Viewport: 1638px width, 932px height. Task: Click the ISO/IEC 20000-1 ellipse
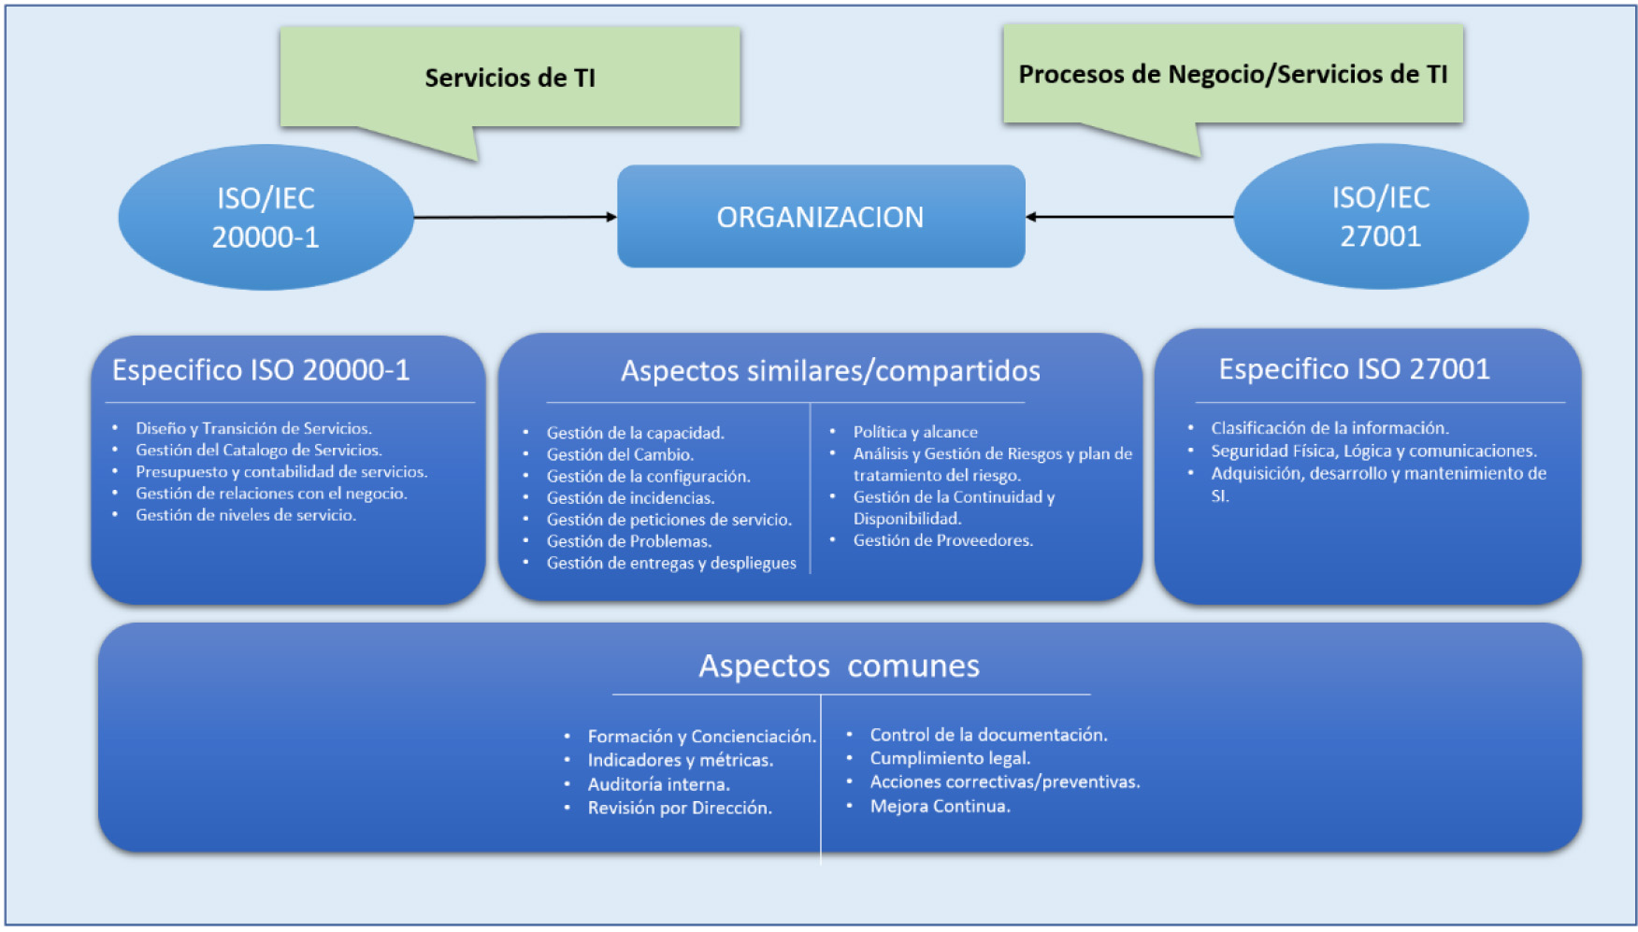(266, 217)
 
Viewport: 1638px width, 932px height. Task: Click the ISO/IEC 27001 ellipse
(1380, 216)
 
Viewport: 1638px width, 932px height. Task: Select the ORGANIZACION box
(820, 217)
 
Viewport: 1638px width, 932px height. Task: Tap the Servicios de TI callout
(510, 78)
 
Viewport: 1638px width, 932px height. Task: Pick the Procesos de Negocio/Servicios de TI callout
(1232, 74)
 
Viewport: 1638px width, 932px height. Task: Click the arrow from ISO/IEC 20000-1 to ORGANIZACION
(514, 217)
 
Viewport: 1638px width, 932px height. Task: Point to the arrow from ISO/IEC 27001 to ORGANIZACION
(1129, 217)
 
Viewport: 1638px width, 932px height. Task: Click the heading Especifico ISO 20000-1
(261, 370)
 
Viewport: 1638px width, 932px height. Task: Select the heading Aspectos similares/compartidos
(830, 371)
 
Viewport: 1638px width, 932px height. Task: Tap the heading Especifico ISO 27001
(1354, 369)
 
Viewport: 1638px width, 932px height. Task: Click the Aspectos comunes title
(839, 666)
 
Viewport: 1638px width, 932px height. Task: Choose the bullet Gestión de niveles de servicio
(245, 515)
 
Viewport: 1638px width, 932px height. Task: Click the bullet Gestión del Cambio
(620, 454)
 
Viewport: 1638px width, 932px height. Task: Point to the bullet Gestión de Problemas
(629, 541)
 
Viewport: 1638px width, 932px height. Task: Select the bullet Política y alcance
(915, 432)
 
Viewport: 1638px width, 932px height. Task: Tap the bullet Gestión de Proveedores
(942, 540)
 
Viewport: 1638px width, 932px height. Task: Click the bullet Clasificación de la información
(1329, 428)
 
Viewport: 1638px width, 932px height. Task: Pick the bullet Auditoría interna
(658, 784)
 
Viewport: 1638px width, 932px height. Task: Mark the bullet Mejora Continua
(940, 806)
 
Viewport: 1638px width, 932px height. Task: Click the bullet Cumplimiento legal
(950, 758)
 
